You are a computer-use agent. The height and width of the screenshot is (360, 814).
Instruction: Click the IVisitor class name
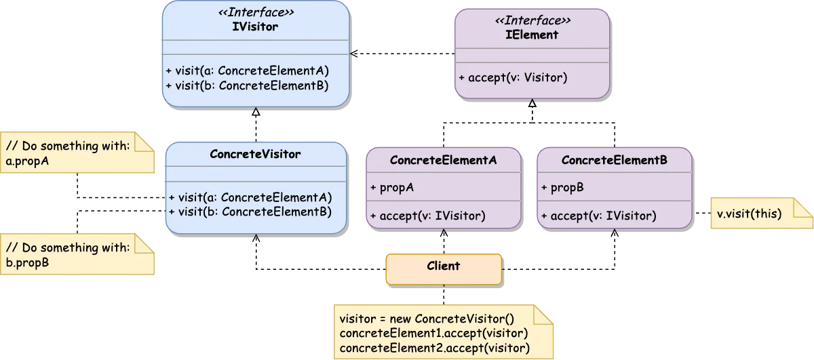[255, 27]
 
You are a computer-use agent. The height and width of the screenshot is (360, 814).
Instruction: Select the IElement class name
[532, 35]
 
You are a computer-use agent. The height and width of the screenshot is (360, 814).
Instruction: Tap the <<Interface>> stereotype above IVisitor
[255, 14]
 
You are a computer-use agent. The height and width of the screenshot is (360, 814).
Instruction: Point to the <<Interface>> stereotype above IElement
[532, 21]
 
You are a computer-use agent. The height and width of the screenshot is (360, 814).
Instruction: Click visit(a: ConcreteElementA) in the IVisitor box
[248, 71]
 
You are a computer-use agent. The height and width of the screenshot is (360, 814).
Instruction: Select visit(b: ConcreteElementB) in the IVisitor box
[248, 85]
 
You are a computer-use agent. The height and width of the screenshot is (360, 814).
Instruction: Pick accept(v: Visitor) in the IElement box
[513, 77]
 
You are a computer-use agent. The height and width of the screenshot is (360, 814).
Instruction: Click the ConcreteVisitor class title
[256, 154]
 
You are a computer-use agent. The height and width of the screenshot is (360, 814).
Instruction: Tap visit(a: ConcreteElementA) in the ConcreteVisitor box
[250, 197]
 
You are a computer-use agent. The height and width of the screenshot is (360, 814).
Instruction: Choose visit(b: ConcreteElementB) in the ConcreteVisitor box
[250, 212]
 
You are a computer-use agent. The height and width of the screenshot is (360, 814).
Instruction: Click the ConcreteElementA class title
[444, 161]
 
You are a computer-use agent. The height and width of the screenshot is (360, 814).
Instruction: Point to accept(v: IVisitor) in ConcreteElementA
[428, 216]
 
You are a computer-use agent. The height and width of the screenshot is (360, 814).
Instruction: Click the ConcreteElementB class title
[615, 161]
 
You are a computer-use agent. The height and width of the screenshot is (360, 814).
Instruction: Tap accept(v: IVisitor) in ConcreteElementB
[599, 216]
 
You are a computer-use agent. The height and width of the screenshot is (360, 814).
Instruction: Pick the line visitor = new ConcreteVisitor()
[427, 319]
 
